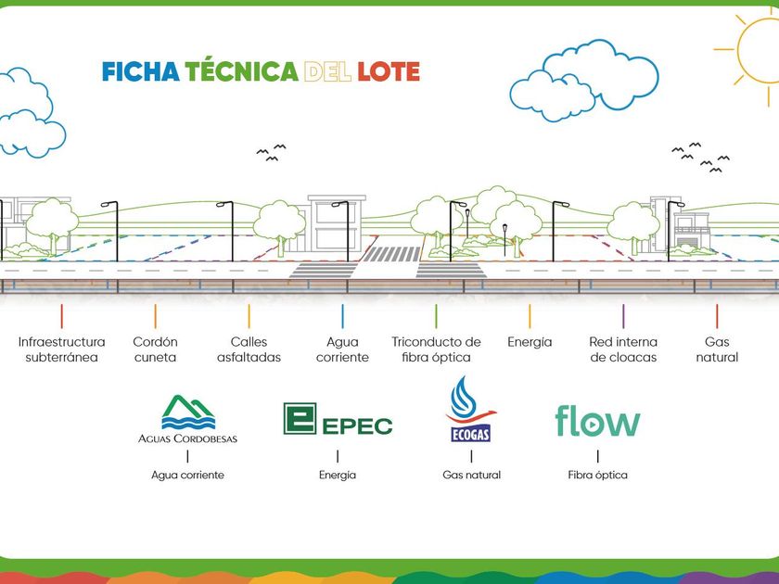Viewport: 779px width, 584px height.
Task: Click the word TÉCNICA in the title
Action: (241, 71)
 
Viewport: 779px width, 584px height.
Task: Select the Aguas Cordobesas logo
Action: (187, 419)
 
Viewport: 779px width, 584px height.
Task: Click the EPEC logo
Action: (338, 421)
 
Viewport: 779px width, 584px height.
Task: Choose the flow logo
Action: (597, 421)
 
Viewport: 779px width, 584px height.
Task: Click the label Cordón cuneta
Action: (155, 349)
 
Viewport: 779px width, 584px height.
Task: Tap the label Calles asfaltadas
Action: (249, 349)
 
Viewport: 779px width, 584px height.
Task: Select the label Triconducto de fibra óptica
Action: (436, 349)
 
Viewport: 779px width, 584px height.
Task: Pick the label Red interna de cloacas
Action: (623, 349)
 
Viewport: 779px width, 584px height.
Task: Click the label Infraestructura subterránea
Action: (61, 349)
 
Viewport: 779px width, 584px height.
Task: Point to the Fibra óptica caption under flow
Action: (597, 475)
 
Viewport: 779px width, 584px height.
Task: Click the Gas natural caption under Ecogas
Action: (471, 475)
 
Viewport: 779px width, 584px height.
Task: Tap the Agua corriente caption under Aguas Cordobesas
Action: (187, 475)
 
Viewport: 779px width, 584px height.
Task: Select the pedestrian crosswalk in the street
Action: (389, 254)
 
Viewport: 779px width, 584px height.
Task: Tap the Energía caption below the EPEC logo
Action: (338, 475)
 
